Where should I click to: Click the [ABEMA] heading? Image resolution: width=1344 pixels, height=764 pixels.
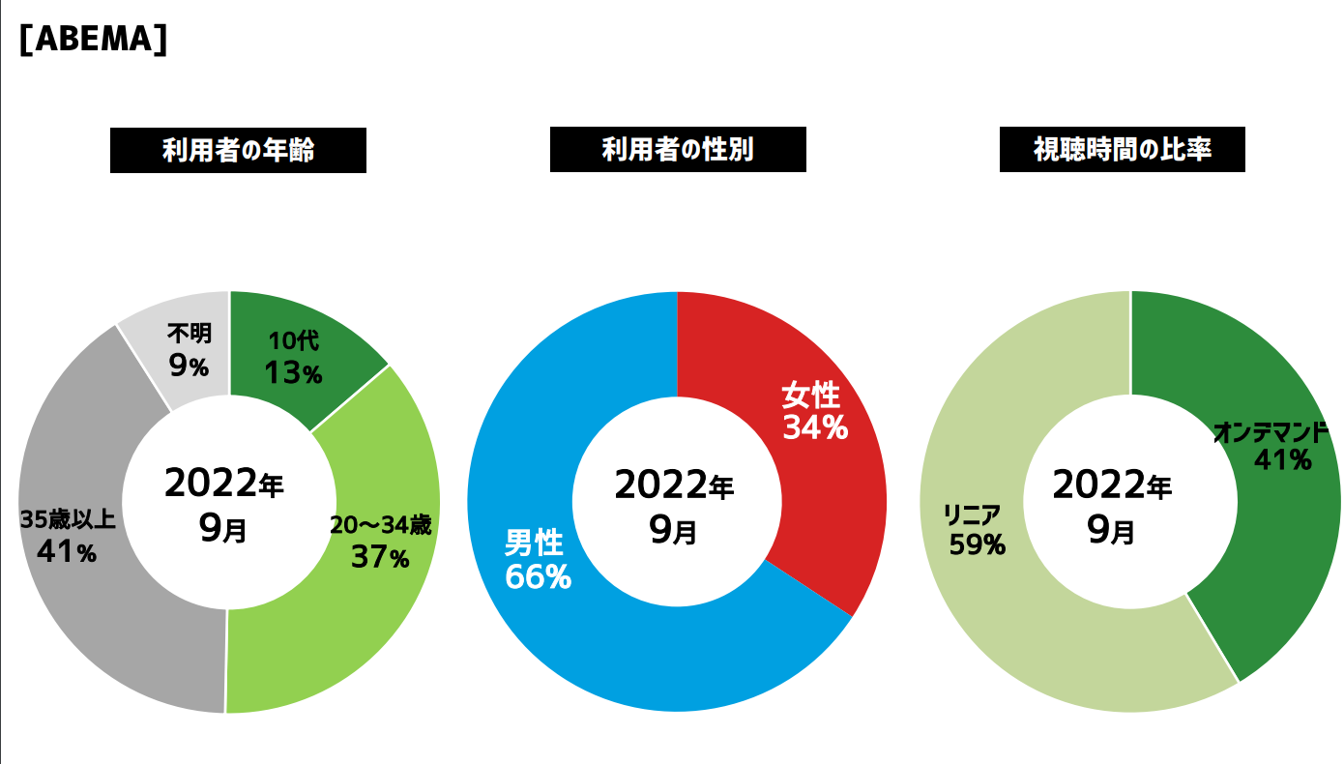pyautogui.click(x=93, y=41)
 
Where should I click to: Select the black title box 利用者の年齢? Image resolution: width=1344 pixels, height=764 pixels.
pyautogui.click(x=238, y=151)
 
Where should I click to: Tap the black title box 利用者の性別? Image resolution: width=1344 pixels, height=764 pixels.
pyautogui.click(x=678, y=151)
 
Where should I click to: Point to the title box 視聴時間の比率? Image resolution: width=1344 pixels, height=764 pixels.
pyautogui.click(x=1122, y=151)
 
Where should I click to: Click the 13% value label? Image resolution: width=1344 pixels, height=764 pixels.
pyautogui.click(x=294, y=373)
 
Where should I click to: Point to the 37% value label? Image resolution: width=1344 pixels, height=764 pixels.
pyautogui.click(x=380, y=557)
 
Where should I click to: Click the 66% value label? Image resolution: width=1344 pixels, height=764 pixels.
pyautogui.click(x=538, y=577)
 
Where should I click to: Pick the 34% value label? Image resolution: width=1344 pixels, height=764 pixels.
pyautogui.click(x=815, y=427)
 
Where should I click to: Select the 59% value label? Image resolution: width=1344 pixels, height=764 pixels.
pyautogui.click(x=977, y=545)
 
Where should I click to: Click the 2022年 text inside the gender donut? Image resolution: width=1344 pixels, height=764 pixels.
pyautogui.click(x=675, y=485)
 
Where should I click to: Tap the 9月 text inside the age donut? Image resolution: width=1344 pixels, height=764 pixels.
pyautogui.click(x=224, y=529)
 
